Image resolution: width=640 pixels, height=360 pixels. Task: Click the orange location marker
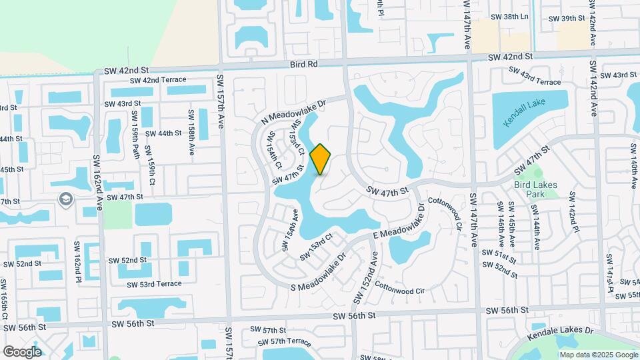click(321, 159)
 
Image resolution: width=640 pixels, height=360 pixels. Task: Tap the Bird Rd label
click(305, 64)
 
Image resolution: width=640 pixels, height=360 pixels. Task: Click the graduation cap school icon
click(66, 199)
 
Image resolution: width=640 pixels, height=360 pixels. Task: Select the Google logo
click(22, 351)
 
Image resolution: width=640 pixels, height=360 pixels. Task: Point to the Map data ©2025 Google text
click(597, 355)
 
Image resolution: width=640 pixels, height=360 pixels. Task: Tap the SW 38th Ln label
click(509, 17)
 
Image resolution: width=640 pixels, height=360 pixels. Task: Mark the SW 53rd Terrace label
click(154, 283)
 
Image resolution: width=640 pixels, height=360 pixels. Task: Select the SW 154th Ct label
click(275, 151)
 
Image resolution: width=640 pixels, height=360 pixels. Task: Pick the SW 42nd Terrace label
click(159, 80)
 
